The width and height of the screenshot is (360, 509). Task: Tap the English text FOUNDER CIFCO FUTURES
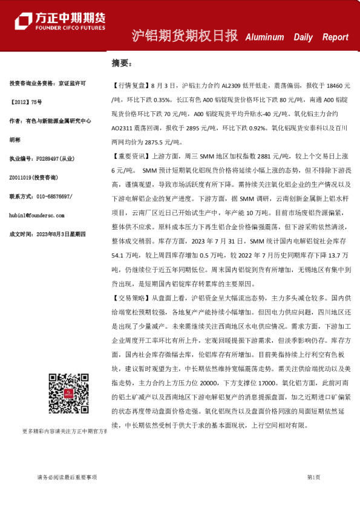pyautogui.click(x=70, y=28)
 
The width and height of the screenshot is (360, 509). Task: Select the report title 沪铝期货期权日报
pyautogui.click(x=185, y=36)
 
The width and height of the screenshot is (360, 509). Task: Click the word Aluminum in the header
pyautogui.click(x=264, y=37)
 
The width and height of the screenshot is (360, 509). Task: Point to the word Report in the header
pyautogui.click(x=335, y=37)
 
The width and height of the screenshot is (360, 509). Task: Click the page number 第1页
pyautogui.click(x=313, y=477)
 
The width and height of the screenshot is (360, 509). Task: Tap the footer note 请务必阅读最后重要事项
pyautogui.click(x=63, y=477)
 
